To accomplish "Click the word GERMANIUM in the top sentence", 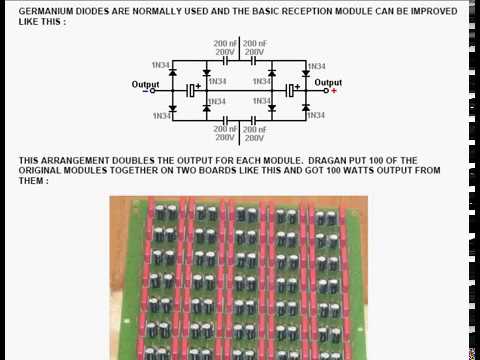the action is tap(46, 11).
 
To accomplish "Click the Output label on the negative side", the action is tap(145, 84).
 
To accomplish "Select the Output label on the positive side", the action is tap(328, 82).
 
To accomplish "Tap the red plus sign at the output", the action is tap(334, 91).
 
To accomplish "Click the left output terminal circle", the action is tap(152, 91).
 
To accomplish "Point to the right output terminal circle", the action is tap(326, 91).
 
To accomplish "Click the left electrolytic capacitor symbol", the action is tap(191, 90).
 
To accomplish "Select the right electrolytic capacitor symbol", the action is tap(291, 90).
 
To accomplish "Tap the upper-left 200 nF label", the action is tap(225, 43).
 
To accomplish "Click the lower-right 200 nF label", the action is tap(255, 129).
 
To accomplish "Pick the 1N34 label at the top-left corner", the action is tap(161, 65).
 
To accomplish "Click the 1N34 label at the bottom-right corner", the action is tap(316, 115).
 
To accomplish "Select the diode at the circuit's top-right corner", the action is tap(306, 73).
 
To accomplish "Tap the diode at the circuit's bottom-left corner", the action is tap(173, 108).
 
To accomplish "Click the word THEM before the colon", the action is tap(31, 181).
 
